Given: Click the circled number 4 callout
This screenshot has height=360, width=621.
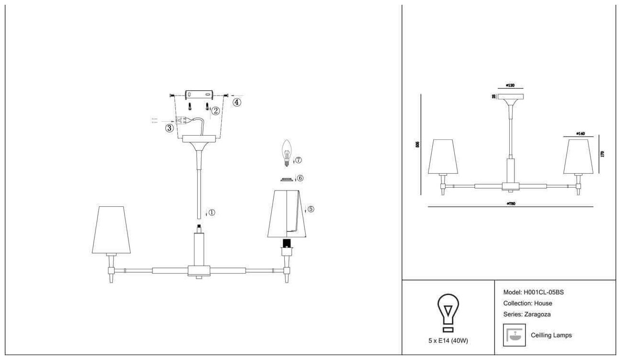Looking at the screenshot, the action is click(237, 102).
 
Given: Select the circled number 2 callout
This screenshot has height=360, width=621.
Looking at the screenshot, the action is click(215, 111).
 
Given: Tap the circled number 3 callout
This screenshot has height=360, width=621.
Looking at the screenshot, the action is click(169, 128).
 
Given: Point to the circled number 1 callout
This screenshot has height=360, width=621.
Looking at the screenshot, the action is click(212, 212).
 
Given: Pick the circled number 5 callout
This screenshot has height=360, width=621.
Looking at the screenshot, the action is click(310, 209).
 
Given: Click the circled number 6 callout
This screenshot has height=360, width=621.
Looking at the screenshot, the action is click(300, 178).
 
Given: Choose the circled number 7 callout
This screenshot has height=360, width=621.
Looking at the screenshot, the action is click(299, 159).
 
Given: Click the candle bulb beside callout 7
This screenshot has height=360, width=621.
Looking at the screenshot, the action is click(287, 152).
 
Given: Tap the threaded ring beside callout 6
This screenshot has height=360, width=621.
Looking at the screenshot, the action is click(287, 179).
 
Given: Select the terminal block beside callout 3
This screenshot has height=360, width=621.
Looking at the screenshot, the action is click(181, 120).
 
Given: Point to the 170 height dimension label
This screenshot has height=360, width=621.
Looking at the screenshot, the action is click(602, 154).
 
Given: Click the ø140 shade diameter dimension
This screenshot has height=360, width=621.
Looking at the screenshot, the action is click(580, 134).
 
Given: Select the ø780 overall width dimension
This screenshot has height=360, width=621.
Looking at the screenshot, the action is click(510, 203).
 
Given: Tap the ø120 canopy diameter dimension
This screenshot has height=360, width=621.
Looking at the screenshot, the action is click(510, 86).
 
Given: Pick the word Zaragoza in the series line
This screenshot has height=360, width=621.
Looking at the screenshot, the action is click(538, 314).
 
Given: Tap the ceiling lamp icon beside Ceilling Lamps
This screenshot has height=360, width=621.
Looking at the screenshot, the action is click(514, 335).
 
